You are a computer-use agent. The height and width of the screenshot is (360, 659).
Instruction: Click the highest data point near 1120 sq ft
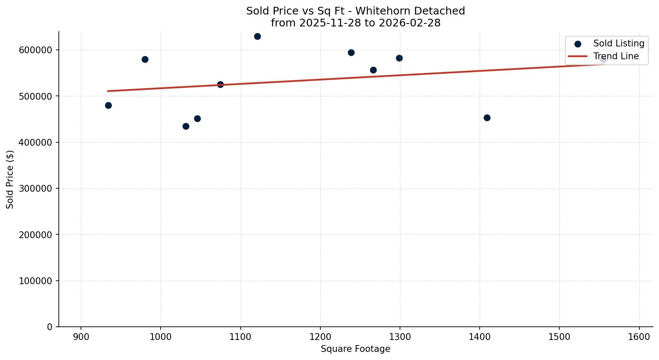pyautogui.click(x=257, y=37)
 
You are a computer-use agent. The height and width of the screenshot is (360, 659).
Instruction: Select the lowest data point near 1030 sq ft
pyautogui.click(x=186, y=126)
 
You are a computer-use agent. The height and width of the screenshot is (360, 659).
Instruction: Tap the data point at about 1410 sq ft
pyautogui.click(x=487, y=118)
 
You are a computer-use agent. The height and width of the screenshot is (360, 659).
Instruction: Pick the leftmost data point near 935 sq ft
pyautogui.click(x=108, y=106)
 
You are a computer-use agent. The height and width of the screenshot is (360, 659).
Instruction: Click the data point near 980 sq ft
pyautogui.click(x=145, y=60)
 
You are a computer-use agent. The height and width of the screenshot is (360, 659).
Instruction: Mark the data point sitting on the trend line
pyautogui.click(x=220, y=85)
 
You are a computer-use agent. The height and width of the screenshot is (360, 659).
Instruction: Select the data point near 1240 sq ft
pyautogui.click(x=351, y=53)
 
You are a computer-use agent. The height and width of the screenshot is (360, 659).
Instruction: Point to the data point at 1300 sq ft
pyautogui.click(x=399, y=58)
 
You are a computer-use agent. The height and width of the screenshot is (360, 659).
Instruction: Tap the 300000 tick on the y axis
pyautogui.click(x=36, y=189)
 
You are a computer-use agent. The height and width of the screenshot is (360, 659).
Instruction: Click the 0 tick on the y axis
pyautogui.click(x=50, y=327)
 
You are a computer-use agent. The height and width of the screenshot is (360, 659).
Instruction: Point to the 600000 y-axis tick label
pyautogui.click(x=36, y=50)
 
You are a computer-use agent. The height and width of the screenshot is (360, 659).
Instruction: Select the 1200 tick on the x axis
pyautogui.click(x=320, y=337)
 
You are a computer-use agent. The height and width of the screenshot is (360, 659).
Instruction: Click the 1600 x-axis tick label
pyautogui.click(x=639, y=337)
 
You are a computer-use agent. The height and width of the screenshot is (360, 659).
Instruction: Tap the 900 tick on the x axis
pyautogui.click(x=81, y=337)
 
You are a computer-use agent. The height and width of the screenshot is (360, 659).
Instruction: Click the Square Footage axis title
pyautogui.click(x=355, y=349)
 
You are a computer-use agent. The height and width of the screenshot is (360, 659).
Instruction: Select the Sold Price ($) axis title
pyautogui.click(x=10, y=179)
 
